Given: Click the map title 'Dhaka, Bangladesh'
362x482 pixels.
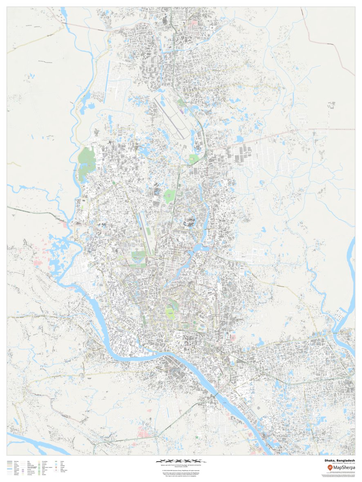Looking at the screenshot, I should click(x=340, y=460).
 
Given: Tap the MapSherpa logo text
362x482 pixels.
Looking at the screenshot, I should click(x=343, y=468).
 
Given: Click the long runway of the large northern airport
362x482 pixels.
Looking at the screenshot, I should click(x=170, y=116).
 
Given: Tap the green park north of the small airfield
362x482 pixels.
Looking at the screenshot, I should click(x=169, y=196).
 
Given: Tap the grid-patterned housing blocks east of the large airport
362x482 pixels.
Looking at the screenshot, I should click(x=245, y=153).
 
